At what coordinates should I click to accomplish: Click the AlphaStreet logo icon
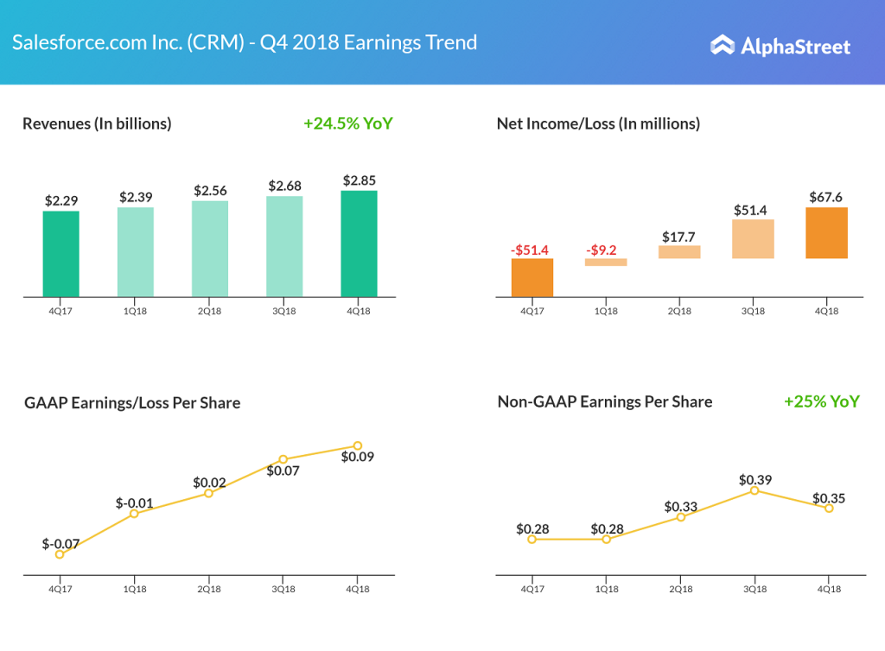coord(723,45)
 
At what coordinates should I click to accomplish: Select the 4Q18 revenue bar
coord(359,243)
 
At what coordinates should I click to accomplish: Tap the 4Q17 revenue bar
coord(60,254)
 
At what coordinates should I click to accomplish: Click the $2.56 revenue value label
coord(210,190)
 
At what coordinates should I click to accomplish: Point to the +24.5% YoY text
coord(347,123)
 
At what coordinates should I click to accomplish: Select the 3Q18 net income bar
coord(752,239)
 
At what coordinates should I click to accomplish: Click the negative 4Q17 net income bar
coord(532,278)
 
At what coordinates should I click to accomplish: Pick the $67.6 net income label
coord(826,197)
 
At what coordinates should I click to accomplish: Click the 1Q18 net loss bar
coord(606,262)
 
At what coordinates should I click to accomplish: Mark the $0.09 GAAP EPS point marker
coord(357,446)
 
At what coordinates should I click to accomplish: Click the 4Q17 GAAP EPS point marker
coord(60,554)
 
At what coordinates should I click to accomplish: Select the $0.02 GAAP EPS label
coord(209,483)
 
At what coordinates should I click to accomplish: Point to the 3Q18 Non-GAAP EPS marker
coord(754,490)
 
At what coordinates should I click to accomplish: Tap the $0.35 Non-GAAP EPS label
coord(828,498)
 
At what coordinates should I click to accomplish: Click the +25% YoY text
coord(821,401)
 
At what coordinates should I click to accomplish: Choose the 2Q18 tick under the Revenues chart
coord(210,312)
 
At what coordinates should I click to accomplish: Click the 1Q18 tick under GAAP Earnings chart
coord(134,589)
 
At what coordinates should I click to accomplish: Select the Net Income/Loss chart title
coord(598,123)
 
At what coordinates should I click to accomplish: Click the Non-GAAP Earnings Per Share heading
coord(605,401)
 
